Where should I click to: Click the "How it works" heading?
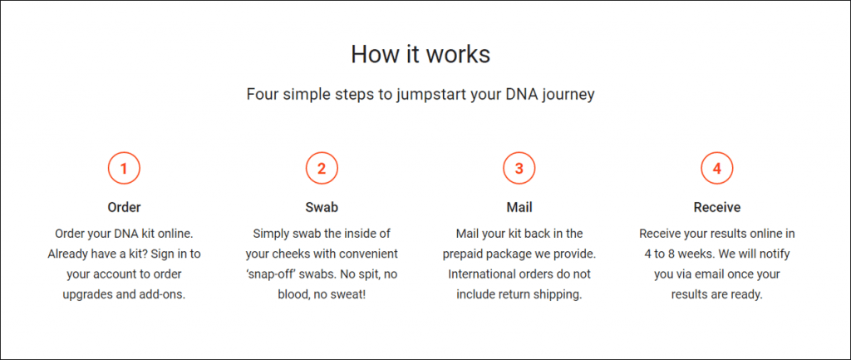pos(421,54)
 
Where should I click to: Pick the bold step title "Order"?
pos(125,207)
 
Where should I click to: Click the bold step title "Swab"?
pos(322,207)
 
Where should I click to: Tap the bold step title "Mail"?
pos(519,207)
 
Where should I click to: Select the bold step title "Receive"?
pos(717,207)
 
